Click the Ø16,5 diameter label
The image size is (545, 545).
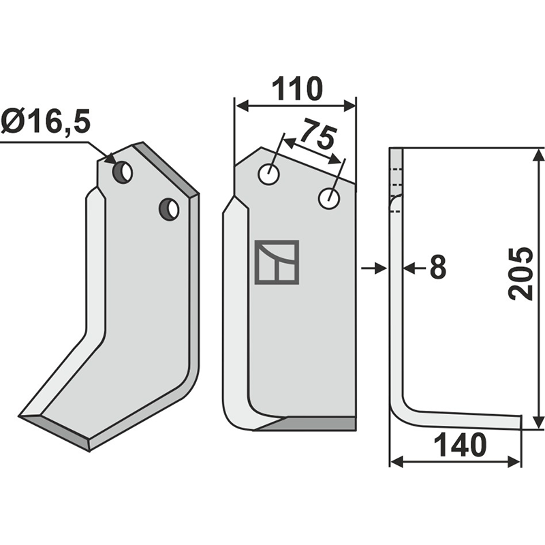coord(46,122)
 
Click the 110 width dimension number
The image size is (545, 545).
coord(297,89)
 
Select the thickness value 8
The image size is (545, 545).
coord(438,266)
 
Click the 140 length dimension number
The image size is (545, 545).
coord(461,446)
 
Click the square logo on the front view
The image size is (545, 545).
coord(277,262)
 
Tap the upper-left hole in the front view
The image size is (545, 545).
coord(268,174)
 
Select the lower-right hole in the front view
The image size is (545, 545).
coord(329,198)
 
